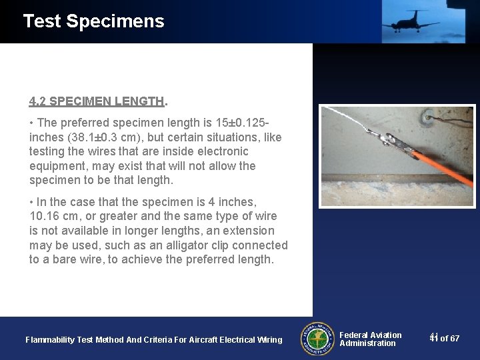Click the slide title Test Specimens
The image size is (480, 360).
(x=93, y=21)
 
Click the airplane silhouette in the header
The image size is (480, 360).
(x=411, y=21)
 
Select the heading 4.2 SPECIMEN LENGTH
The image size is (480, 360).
(x=97, y=101)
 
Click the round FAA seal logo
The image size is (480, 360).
(x=317, y=339)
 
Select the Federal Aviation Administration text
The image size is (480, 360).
(x=370, y=339)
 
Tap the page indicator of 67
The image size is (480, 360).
(x=445, y=339)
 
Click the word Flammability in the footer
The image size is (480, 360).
(x=50, y=340)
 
